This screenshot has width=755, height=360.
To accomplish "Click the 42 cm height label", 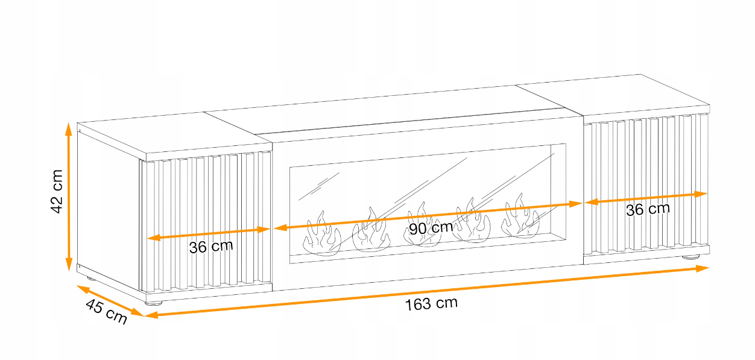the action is point(57,192).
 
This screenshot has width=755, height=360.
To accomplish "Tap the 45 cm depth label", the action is point(107,312).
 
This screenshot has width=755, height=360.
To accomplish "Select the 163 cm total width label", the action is point(431,304).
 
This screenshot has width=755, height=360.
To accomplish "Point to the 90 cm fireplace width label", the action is point(431,228).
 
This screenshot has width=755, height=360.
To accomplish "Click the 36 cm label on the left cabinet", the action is point(211,247).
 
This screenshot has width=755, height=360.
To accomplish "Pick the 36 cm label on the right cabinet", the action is point(648,209).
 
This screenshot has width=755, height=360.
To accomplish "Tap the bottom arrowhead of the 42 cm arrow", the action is point(68,264).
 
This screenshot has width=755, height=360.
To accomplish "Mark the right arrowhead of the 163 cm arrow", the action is point(703,268).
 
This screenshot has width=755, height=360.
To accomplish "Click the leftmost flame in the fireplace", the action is point(321,233).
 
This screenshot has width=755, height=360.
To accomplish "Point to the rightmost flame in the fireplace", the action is point(520,215).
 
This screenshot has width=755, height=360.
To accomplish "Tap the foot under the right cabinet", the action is point(690,257).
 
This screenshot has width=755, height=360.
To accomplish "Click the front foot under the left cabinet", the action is point(154,303).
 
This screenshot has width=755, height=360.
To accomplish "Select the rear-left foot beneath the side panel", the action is point(90,279).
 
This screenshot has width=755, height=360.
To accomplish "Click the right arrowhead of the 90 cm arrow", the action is point(576,204).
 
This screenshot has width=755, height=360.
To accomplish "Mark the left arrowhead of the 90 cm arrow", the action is point(280,228).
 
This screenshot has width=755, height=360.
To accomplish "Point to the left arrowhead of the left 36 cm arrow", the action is point(154,238).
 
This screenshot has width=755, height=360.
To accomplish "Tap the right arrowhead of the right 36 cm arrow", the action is point(701,194).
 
